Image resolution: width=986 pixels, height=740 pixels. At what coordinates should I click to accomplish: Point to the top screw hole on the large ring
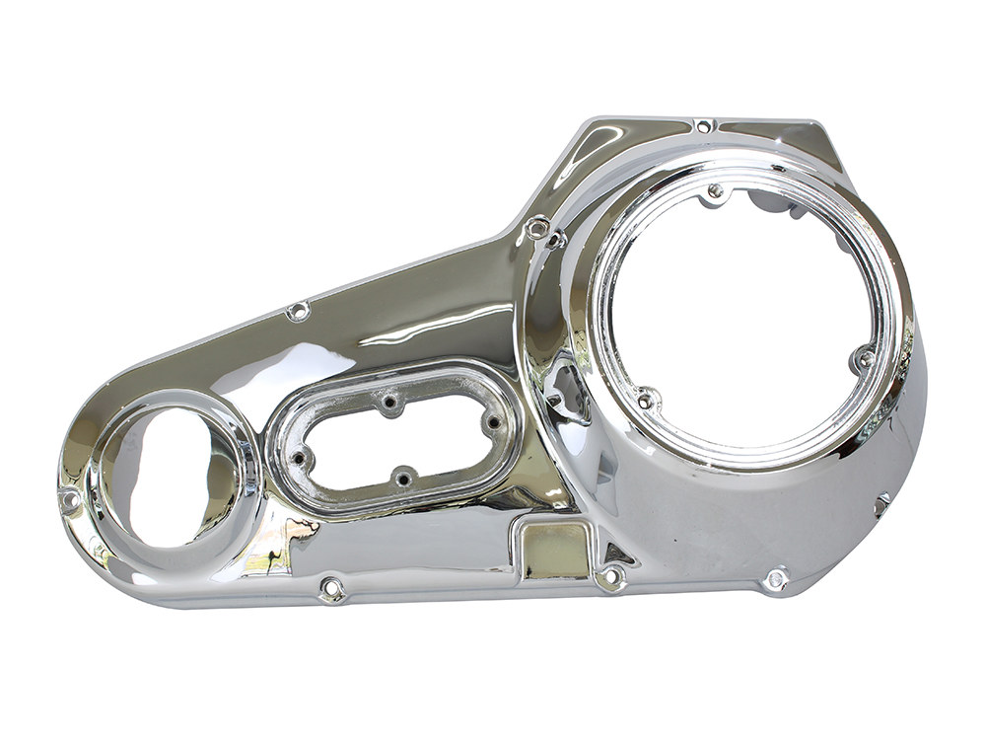[x=715, y=190]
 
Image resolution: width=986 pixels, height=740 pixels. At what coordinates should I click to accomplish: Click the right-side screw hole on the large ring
[x=866, y=358]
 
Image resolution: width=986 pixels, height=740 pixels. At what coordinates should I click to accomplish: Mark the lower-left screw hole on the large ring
[x=645, y=400]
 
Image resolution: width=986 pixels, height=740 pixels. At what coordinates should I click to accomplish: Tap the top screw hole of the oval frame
[x=390, y=404]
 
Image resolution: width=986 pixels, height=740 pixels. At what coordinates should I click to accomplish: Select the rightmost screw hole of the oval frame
[x=490, y=423]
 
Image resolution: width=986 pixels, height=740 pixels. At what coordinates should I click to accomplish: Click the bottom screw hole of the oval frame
[x=401, y=480]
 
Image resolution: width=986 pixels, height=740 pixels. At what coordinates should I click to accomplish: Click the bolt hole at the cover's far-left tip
[x=70, y=500]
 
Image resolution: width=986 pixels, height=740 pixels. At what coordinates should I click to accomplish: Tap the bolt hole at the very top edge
[x=702, y=125]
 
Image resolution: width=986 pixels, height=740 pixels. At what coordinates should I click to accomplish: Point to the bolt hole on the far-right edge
[x=881, y=503]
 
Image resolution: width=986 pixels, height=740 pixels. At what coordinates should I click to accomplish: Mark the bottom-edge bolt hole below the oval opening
[x=332, y=589]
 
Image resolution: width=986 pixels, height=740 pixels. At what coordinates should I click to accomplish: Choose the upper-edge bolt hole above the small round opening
[x=293, y=314]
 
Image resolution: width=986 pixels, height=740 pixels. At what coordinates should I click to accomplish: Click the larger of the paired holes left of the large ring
[x=537, y=229]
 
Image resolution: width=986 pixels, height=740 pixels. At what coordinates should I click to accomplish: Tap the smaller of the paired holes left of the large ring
[x=557, y=240]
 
